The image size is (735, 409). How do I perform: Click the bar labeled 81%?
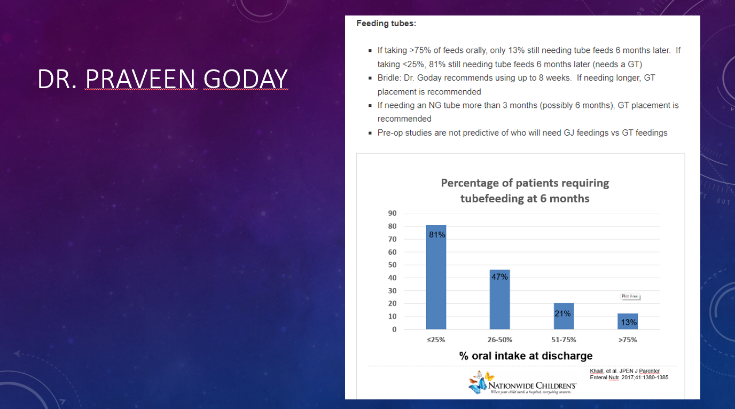coord(436,277)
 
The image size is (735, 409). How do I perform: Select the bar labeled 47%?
coord(500,300)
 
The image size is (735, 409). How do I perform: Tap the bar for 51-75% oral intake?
coord(564,316)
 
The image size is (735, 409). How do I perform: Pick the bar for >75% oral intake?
coord(628,321)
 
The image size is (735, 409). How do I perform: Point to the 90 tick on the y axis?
coord(392,213)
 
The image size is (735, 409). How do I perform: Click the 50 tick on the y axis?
coord(392,265)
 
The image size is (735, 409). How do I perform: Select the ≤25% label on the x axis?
coord(436,340)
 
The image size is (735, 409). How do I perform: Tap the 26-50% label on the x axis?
coord(500,340)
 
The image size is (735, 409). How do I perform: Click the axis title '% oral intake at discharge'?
coord(526,356)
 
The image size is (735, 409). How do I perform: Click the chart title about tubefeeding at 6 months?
coord(525,191)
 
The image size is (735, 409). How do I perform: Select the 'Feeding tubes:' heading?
coord(386,23)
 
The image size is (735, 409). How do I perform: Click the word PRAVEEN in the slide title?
coord(141,79)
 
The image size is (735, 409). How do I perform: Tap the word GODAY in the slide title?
coord(245,79)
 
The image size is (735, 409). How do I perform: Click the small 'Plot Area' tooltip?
coord(630,296)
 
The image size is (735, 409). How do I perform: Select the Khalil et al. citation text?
coord(629,374)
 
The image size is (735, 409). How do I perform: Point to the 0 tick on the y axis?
coord(394,329)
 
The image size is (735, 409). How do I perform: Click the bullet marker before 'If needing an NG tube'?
coord(370,106)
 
